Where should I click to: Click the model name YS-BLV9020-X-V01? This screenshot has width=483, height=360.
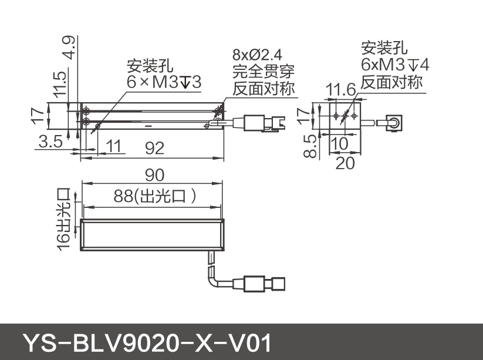pyautogui.click(x=146, y=342)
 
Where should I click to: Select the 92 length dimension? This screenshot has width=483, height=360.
pyautogui.click(x=154, y=149)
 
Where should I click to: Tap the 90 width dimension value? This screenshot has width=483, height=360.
pyautogui.click(x=154, y=174)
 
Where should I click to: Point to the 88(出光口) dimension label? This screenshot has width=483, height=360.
pyautogui.click(x=154, y=197)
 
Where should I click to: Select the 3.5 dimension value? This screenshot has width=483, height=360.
pyautogui.click(x=52, y=142)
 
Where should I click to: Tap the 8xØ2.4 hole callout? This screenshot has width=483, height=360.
pyautogui.click(x=258, y=56)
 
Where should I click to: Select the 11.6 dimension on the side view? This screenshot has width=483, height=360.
pyautogui.click(x=341, y=90)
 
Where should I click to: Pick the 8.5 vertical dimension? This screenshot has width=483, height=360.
pyautogui.click(x=312, y=144)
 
